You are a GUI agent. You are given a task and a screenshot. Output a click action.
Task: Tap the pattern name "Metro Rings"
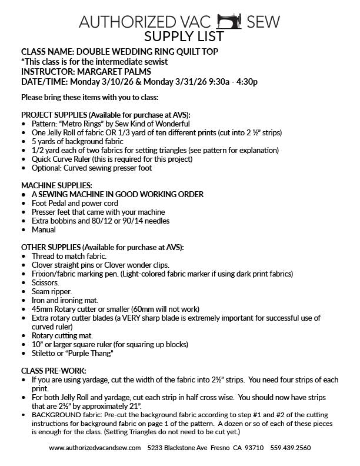pyautogui.click(x=81, y=124)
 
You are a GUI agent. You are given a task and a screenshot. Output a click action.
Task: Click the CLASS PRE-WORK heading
pyautogui.click(x=53, y=371)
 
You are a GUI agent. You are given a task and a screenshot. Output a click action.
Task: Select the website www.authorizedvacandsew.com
pyautogui.click(x=95, y=448)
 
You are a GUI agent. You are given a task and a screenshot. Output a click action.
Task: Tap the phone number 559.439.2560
pyautogui.click(x=291, y=448)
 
